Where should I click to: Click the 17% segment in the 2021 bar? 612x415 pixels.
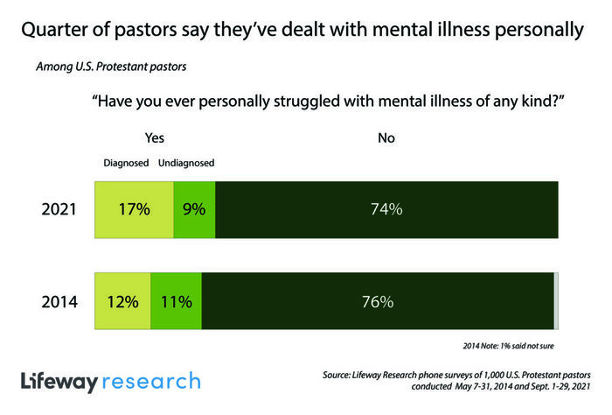[x=134, y=209]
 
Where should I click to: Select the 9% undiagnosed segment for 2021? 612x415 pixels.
[x=194, y=209]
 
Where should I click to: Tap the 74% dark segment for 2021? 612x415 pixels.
[x=386, y=209]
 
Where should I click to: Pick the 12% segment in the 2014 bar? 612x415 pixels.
[x=122, y=302]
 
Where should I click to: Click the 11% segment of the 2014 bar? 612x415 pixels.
[x=176, y=302]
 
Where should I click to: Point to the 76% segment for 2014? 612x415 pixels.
[x=377, y=302]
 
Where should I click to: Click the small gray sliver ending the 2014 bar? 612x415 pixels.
[x=556, y=302]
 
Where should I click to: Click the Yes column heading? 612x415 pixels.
[x=154, y=137]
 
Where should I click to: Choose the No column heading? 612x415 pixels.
[x=386, y=137]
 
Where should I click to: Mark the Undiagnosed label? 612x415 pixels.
[x=186, y=163]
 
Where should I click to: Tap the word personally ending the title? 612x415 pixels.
[x=531, y=31]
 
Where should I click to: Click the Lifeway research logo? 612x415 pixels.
[x=110, y=382]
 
